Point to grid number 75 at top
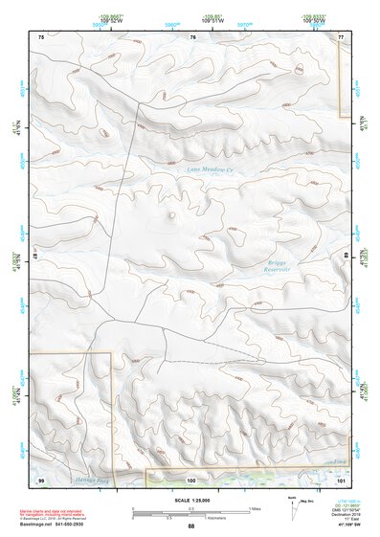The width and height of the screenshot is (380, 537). coord(41,36)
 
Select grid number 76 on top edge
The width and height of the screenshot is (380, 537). coord(192,36)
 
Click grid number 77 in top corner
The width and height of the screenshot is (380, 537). coord(342,36)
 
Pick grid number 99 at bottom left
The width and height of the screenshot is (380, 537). coord(41,479)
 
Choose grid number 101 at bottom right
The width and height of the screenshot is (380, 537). coord(341,479)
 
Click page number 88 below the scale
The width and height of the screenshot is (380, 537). coord(190,526)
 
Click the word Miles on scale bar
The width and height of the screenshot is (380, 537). coord(253,507)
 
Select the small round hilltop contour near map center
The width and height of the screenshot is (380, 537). coord(171,215)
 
